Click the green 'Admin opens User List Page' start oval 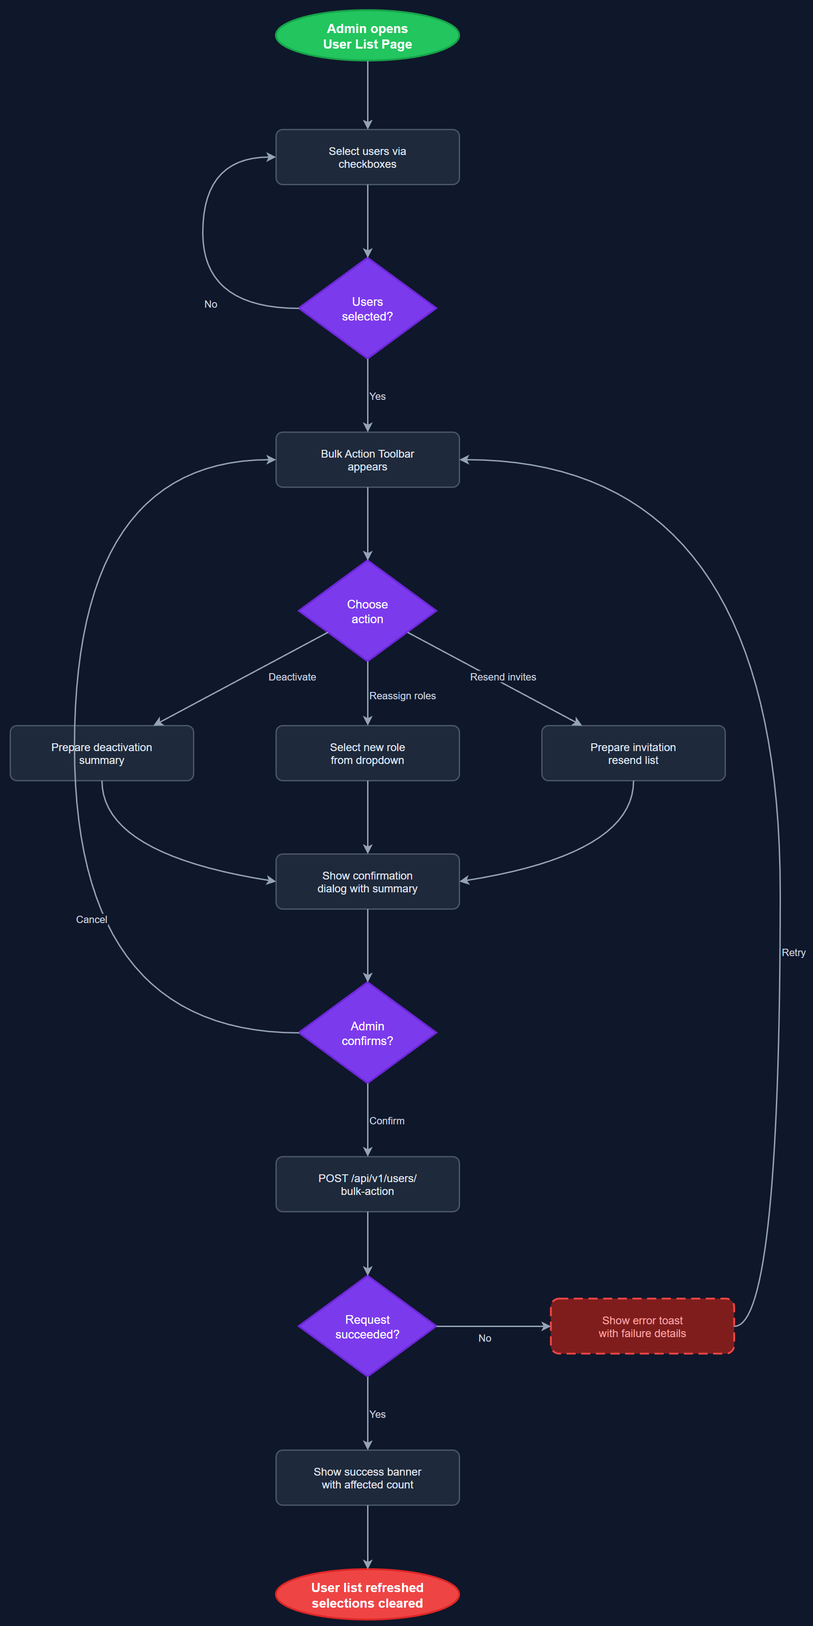(367, 36)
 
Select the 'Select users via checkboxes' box (367, 157)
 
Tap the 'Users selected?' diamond (367, 309)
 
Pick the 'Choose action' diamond (367, 611)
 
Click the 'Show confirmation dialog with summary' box (367, 881)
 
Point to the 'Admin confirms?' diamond (367, 1033)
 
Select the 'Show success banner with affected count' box (367, 1478)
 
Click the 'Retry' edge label (793, 952)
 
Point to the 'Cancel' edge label (92, 920)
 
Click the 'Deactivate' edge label (292, 677)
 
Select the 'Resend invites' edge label (503, 677)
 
